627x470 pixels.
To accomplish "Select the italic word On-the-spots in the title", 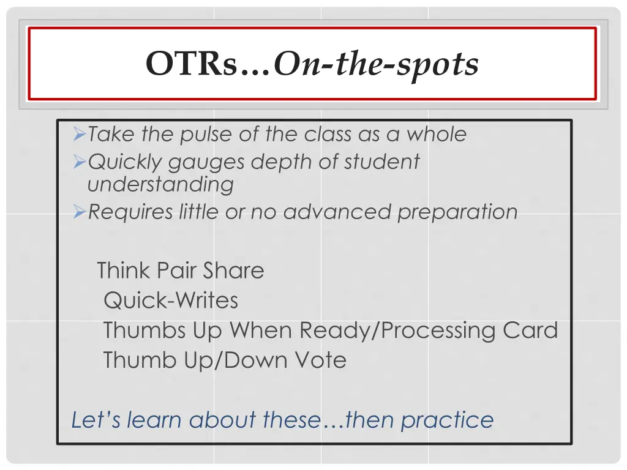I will pos(376,64).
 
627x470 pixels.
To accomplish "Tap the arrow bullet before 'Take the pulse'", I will pos(79,133).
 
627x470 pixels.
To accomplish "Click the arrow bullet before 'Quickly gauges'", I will pos(79,162).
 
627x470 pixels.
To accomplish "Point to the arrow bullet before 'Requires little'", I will pos(79,212).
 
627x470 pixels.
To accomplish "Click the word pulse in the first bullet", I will pos(207,134).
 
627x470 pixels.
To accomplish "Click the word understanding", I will pos(160,184).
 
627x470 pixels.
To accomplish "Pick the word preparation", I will pos(457,212).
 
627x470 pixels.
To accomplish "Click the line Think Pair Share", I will pos(181,270).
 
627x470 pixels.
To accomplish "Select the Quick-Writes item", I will pos(171,300).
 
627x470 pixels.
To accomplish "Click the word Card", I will pos(530,330).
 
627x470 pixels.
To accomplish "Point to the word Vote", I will pos(320,360).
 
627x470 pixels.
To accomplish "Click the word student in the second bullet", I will pos(381,162).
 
